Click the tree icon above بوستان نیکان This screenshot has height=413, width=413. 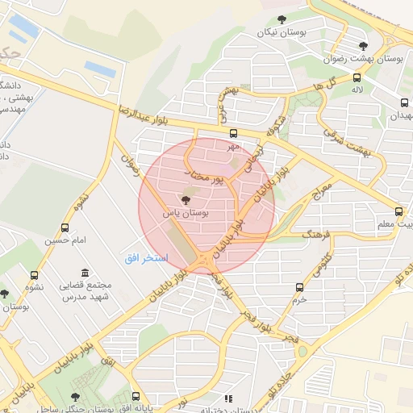click(282, 19)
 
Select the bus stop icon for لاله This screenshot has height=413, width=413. click(357, 77)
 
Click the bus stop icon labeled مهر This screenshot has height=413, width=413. click(233, 134)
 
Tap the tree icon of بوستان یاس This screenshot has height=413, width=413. click(186, 199)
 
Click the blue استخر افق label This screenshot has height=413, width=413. click(146, 257)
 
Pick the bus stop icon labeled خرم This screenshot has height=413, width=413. click(300, 287)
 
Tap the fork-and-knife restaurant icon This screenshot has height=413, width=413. click(229, 398)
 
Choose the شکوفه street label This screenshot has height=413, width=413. click(276, 126)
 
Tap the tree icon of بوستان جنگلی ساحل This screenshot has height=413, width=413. click(75, 396)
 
